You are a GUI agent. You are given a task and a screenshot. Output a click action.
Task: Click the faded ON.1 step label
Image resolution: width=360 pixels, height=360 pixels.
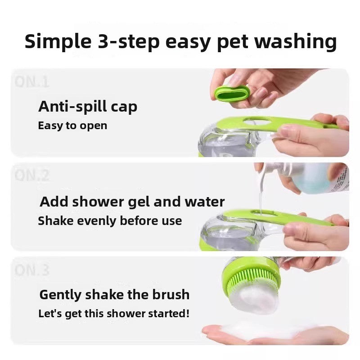(x=31, y=82)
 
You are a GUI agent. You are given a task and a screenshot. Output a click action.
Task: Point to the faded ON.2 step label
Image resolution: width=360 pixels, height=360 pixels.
(x=31, y=175)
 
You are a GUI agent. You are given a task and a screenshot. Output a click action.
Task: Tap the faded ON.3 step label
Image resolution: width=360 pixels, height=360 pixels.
(x=31, y=270)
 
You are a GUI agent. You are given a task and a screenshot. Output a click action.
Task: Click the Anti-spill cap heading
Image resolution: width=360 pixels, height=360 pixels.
(x=88, y=107)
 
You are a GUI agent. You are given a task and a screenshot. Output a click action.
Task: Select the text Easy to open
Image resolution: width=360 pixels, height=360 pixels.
(x=72, y=126)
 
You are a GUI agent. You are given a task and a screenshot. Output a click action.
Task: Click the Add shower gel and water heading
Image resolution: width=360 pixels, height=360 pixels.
(x=132, y=201)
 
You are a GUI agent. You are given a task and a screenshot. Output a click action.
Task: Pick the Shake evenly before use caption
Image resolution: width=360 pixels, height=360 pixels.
(x=110, y=221)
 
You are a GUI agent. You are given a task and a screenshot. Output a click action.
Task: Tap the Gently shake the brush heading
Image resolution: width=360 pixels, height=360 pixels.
(x=114, y=295)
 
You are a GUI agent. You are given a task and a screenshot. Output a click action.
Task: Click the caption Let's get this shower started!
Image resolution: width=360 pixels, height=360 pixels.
(x=114, y=313)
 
